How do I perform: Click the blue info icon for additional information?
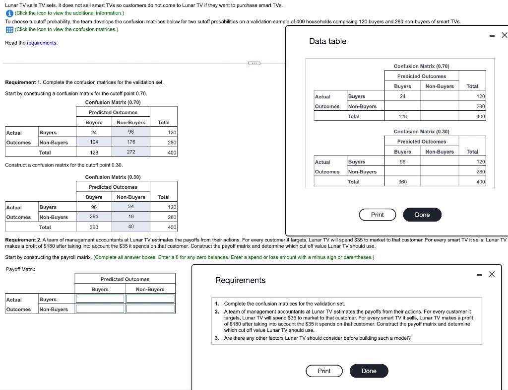(x=9, y=13)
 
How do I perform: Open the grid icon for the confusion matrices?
(x=9, y=29)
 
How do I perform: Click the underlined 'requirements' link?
(x=42, y=43)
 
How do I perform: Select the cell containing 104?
(x=94, y=142)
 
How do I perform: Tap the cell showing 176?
(x=131, y=142)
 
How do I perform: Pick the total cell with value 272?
(x=131, y=152)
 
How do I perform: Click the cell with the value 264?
(x=94, y=217)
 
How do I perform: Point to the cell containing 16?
(x=131, y=217)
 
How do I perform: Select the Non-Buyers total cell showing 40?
(x=131, y=227)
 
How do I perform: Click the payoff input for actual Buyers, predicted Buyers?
(x=100, y=299)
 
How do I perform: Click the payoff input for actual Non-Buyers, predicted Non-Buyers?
(x=150, y=309)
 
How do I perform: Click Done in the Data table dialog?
(x=422, y=215)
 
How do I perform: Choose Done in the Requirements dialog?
(x=369, y=371)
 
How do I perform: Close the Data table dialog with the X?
(x=504, y=35)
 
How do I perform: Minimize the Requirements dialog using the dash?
(x=479, y=274)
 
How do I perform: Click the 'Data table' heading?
(x=327, y=41)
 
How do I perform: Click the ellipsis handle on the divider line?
(x=254, y=63)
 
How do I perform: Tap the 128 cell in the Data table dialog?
(x=402, y=116)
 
